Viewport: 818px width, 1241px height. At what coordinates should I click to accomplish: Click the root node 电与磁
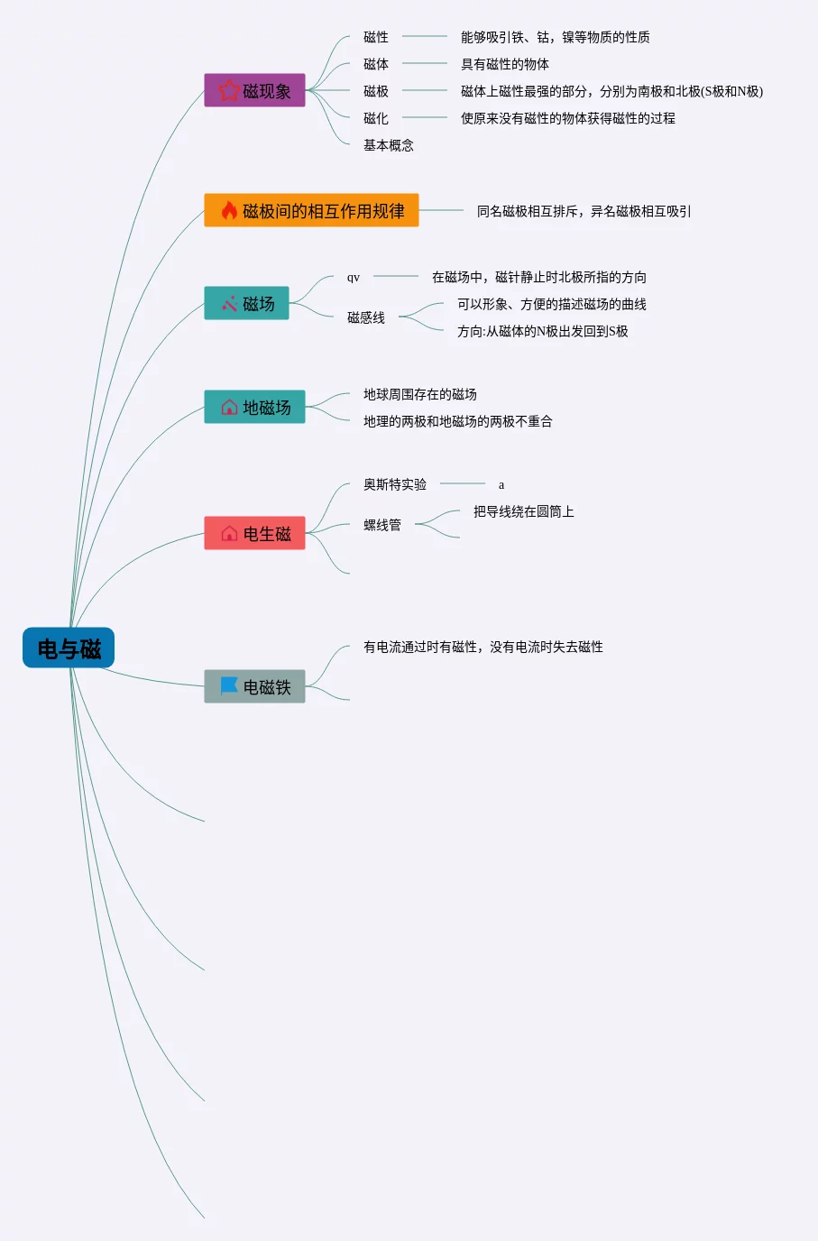click(69, 648)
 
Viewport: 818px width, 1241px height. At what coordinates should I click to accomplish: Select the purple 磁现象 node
click(254, 90)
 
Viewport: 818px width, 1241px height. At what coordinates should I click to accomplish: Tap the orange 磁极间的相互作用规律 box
click(311, 210)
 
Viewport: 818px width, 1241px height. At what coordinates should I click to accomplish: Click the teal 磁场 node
click(246, 303)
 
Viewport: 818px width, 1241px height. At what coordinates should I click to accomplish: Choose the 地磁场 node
click(254, 407)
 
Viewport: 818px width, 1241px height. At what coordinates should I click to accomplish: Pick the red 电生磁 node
click(254, 533)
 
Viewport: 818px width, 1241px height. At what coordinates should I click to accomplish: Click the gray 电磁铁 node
click(254, 686)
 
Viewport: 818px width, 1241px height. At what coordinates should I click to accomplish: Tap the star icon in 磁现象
click(229, 90)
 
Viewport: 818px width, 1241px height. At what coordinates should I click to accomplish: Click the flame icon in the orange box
click(229, 210)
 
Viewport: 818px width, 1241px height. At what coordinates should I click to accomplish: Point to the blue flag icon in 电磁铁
click(229, 686)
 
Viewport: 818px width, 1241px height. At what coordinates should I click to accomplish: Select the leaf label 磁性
click(376, 37)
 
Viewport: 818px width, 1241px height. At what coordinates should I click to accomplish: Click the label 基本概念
click(389, 145)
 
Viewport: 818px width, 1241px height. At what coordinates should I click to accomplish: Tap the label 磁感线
click(366, 317)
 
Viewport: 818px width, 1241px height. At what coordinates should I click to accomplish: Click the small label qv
click(354, 277)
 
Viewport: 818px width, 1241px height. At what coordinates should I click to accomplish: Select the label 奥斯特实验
click(395, 484)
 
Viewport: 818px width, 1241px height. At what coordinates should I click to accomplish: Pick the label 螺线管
click(382, 525)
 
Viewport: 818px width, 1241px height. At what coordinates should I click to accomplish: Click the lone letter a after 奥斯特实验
click(501, 485)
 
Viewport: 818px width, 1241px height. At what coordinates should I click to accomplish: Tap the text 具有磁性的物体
click(505, 64)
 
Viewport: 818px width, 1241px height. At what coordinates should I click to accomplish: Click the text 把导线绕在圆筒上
click(524, 511)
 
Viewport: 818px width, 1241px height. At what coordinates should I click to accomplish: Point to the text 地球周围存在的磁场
click(420, 394)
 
